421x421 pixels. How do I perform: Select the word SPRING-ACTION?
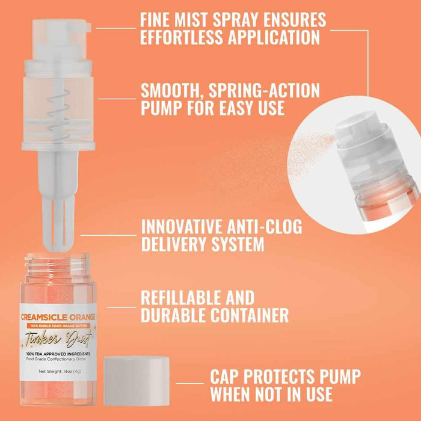click(263, 91)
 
